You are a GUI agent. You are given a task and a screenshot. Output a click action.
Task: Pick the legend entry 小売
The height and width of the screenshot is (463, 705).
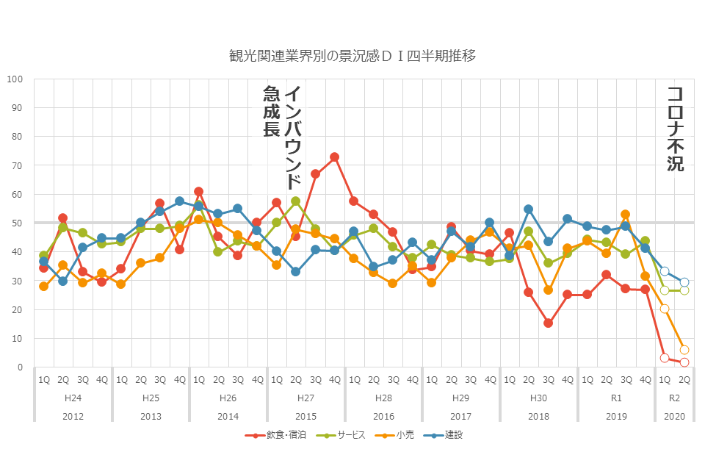[404, 435]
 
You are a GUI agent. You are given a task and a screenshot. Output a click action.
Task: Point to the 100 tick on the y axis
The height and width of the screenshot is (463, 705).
[15, 79]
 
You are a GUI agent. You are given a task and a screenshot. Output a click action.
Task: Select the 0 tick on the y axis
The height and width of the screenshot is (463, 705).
[21, 367]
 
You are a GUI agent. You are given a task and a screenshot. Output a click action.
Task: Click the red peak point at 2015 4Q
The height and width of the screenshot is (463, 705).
[335, 157]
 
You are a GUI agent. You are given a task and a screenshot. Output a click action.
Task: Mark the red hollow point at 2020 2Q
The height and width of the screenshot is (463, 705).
[684, 362]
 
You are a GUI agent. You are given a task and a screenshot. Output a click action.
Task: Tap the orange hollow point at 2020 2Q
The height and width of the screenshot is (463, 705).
[684, 350]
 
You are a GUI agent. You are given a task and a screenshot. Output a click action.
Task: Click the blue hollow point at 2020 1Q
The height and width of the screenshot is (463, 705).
[665, 271]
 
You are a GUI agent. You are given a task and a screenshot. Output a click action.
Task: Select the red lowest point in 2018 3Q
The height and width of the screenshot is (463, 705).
[548, 323]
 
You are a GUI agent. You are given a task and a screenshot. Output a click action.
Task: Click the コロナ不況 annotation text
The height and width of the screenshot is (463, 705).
[675, 129]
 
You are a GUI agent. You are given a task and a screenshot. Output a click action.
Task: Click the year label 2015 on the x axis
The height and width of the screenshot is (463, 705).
[305, 415]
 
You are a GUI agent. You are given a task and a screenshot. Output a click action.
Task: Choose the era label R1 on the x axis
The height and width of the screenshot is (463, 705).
[616, 398]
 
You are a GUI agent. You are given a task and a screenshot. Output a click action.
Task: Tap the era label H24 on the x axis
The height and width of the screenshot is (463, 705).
[73, 398]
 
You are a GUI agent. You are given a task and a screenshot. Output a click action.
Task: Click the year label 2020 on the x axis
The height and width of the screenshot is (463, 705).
[674, 415]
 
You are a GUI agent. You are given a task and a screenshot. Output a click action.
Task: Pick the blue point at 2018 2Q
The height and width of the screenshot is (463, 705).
[529, 209]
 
